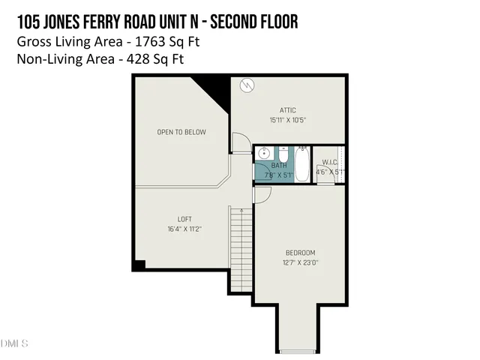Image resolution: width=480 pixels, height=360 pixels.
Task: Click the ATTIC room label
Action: tap(288, 109)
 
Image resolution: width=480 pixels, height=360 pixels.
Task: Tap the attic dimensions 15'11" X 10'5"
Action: tap(288, 120)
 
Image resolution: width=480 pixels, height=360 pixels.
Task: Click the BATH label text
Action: tap(279, 166)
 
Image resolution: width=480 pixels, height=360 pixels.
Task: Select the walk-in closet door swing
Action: tap(325, 178)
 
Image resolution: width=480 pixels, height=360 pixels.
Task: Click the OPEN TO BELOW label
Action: tap(181, 133)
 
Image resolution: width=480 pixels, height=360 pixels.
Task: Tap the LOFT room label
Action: tap(184, 219)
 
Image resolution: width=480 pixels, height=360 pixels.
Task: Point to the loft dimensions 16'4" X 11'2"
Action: tap(184, 229)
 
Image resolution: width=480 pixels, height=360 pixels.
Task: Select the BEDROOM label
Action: tap(300, 252)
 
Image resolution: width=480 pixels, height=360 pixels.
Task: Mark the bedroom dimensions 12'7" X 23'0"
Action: tap(300, 262)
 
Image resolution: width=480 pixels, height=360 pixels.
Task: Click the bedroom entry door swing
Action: tap(261, 195)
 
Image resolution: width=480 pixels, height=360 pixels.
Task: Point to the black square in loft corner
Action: tap(139, 265)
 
